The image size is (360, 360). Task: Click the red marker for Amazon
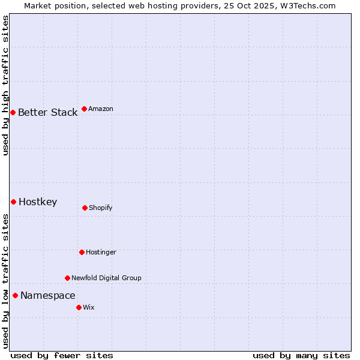click(84, 109)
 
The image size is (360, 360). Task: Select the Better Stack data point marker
click(13, 112)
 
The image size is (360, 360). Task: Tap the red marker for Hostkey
click(13, 202)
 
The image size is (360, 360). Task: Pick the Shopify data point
click(85, 208)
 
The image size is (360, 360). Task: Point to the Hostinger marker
click(82, 252)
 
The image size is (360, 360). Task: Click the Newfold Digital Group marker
click(67, 278)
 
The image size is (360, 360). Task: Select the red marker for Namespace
click(15, 295)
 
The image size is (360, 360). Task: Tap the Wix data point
click(79, 307)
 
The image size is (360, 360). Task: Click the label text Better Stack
click(47, 112)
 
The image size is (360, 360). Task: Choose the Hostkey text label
click(38, 202)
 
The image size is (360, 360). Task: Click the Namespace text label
click(47, 295)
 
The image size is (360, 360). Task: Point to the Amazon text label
click(101, 109)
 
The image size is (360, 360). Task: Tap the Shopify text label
click(101, 208)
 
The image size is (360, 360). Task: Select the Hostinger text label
click(101, 252)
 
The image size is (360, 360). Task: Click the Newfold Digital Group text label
click(106, 278)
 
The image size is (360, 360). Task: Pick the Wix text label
click(89, 307)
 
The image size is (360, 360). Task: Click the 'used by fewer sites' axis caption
click(62, 355)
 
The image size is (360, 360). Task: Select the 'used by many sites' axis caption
click(301, 355)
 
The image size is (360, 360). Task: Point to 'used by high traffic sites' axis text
click(5, 85)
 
